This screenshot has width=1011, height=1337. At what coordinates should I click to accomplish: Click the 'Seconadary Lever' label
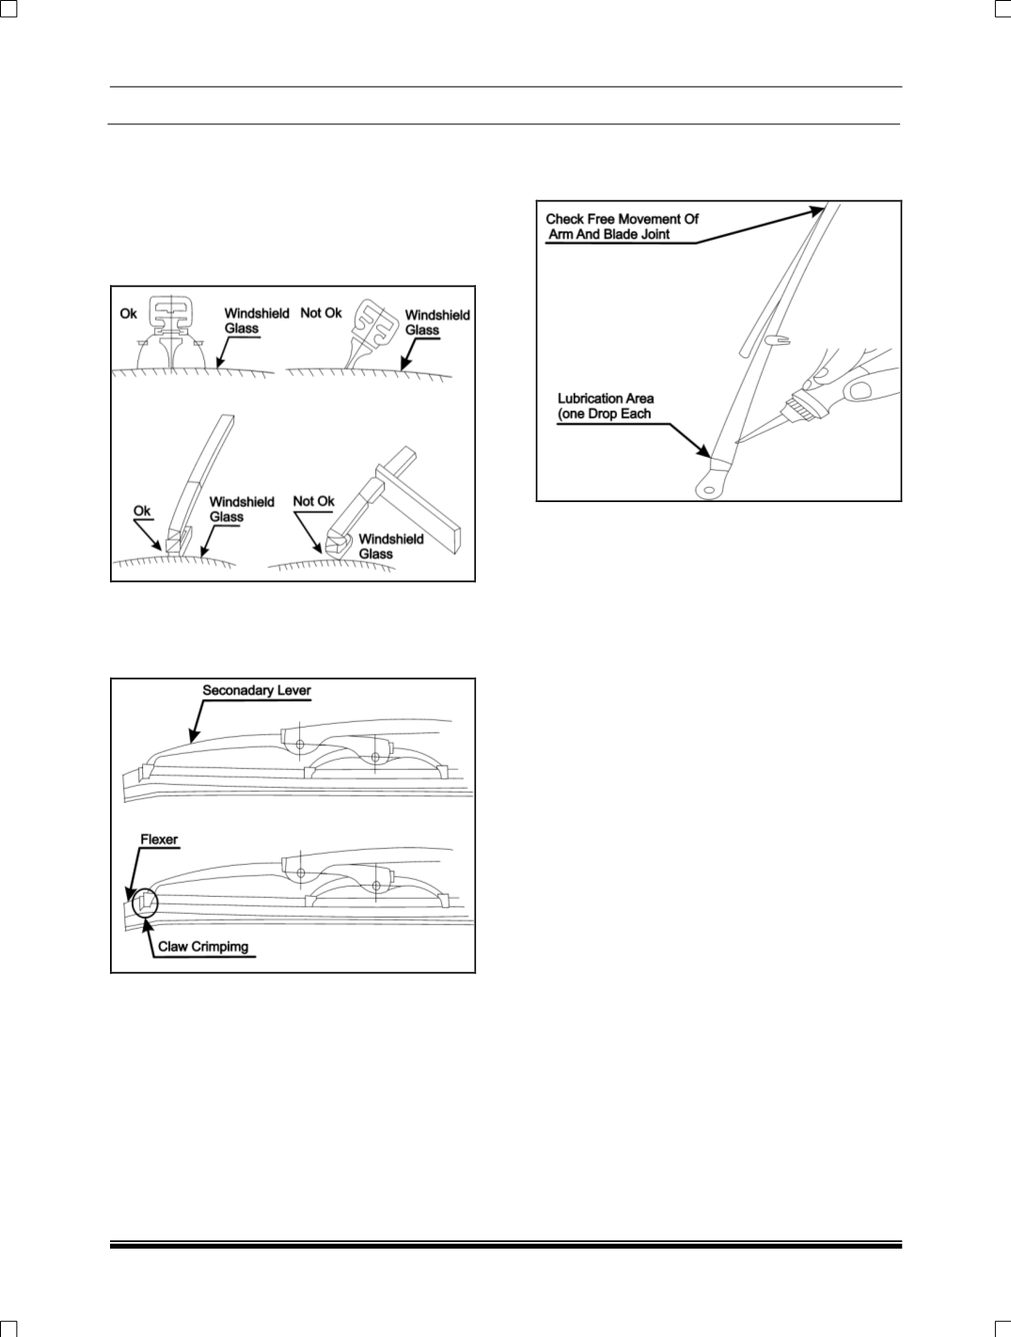tap(257, 690)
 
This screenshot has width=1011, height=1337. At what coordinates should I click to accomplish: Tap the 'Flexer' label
tap(159, 840)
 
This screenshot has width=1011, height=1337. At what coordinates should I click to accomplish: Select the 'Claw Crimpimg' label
tap(203, 946)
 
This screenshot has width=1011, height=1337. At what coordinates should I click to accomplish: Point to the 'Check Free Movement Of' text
tap(622, 219)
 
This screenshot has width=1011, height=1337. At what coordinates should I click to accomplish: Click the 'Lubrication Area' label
tap(606, 399)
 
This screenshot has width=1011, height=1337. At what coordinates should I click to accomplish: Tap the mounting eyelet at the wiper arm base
tap(707, 486)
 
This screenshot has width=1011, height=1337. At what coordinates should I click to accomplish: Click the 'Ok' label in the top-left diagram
tap(129, 313)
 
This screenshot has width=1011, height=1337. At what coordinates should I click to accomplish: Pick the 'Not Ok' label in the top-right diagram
tap(321, 313)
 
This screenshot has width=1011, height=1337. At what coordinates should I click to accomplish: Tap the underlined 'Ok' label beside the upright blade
tap(141, 511)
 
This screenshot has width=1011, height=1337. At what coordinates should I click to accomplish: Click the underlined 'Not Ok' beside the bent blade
tap(313, 501)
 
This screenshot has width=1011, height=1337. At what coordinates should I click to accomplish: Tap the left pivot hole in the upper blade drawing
tap(298, 744)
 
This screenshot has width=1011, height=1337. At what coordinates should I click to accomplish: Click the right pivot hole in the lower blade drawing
tap(376, 886)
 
